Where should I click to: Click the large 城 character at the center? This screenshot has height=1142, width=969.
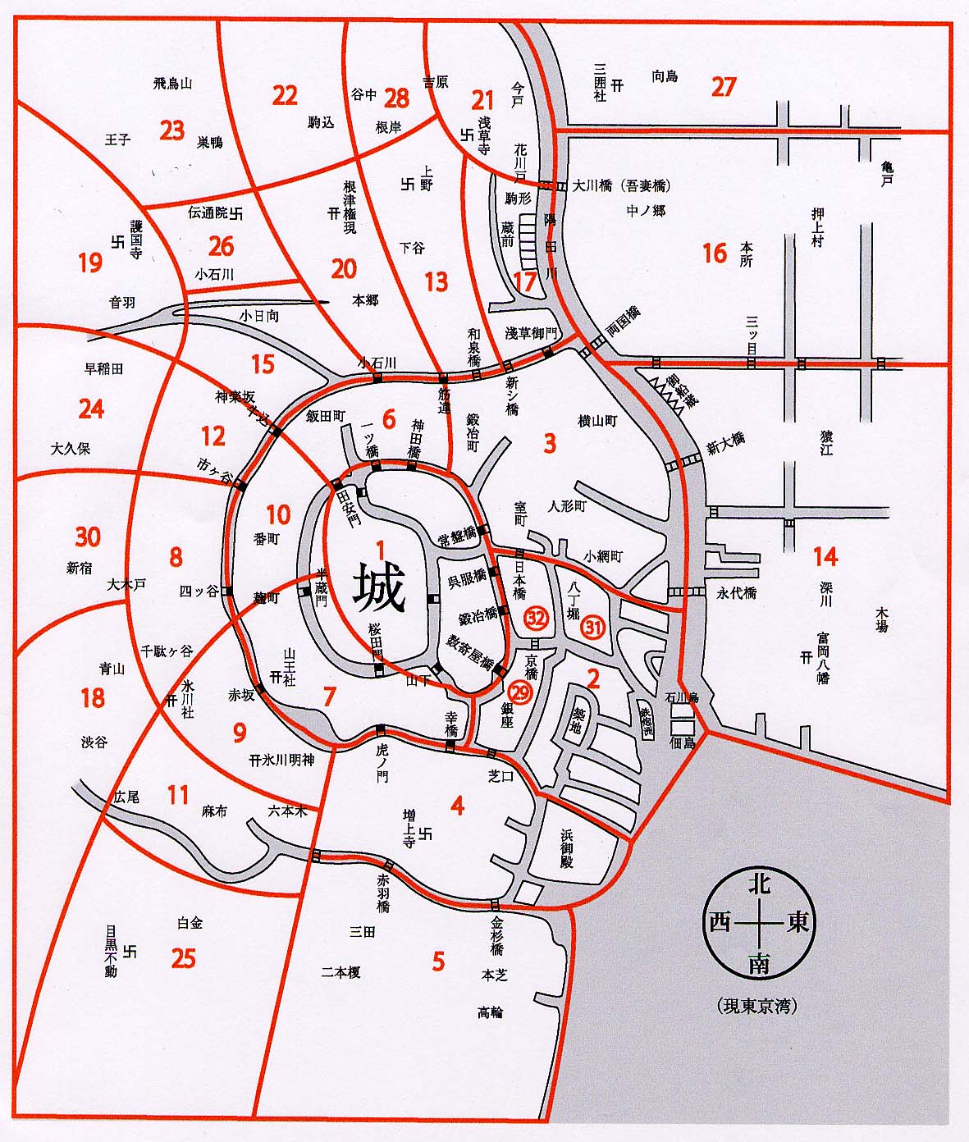(x=379, y=590)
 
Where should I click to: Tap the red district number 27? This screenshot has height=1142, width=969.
(x=724, y=87)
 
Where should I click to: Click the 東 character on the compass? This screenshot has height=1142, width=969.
(x=798, y=923)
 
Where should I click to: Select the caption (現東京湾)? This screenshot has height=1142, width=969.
(x=756, y=1006)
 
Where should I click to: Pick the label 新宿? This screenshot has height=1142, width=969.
(x=80, y=568)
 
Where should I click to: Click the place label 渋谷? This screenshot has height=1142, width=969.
(x=94, y=742)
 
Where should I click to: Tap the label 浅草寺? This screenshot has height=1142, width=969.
(x=483, y=135)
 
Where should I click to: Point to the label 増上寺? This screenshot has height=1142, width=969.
(x=409, y=826)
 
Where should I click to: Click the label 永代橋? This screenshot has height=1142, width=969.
(x=736, y=592)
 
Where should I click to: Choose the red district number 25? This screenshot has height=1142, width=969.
(x=184, y=957)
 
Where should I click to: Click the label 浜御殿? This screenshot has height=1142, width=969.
(x=567, y=847)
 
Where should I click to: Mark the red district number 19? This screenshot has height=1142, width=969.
(x=90, y=263)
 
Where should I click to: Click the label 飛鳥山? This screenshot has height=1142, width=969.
(x=172, y=83)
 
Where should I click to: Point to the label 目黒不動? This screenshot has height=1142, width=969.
(x=111, y=952)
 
